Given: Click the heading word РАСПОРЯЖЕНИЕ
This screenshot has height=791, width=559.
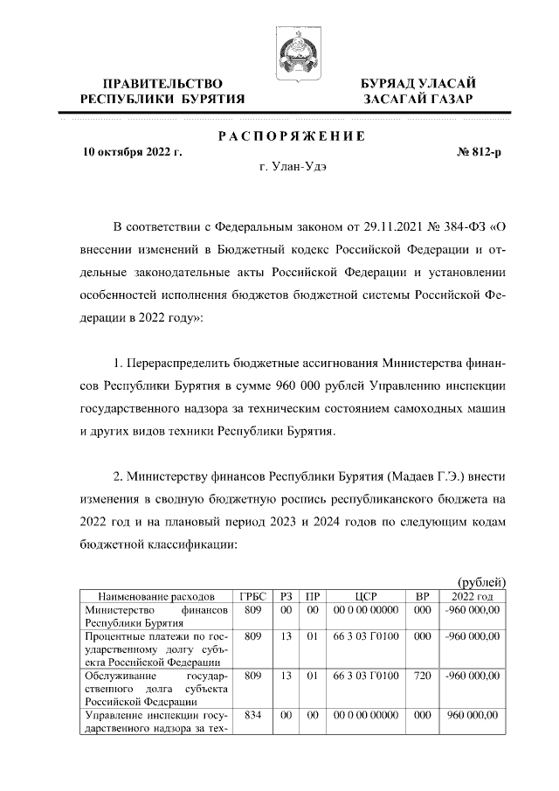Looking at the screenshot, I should click(291, 135).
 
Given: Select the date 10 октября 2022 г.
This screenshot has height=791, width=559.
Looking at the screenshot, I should click(132, 151).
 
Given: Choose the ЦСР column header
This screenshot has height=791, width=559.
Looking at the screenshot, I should click(365, 595).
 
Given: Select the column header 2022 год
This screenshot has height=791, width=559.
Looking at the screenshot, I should click(472, 595).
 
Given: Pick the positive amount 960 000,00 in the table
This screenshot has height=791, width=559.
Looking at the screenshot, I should click(473, 715).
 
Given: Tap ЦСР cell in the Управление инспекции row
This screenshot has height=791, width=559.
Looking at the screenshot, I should click(365, 715).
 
